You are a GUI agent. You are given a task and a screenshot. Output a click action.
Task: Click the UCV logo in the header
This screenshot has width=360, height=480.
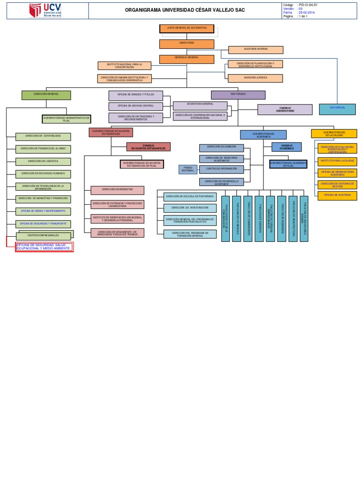[x=45, y=10]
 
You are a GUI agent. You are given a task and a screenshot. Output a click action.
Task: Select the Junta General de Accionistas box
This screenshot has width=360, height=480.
[x=187, y=29]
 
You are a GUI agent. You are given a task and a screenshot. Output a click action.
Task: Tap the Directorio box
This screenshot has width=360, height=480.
[x=187, y=44]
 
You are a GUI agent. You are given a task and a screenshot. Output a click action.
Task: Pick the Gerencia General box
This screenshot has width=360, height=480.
[x=187, y=59]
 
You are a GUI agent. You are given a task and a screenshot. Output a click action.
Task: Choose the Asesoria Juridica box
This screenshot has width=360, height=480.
[x=255, y=78]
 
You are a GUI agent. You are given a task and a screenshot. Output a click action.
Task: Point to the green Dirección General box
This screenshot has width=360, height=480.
[x=46, y=95]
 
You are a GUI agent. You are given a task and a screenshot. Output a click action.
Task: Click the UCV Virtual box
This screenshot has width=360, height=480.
[x=337, y=109]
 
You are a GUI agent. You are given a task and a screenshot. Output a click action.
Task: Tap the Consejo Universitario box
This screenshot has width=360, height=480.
[x=285, y=110]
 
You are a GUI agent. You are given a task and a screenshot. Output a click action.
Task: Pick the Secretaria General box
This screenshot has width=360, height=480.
[x=200, y=105]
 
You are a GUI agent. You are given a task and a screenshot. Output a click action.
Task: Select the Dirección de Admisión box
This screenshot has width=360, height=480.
[x=221, y=148]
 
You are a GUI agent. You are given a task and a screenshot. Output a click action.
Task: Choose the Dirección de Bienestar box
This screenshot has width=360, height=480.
[x=117, y=190]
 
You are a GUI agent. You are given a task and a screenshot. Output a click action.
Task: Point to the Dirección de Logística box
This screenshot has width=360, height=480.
[x=43, y=162]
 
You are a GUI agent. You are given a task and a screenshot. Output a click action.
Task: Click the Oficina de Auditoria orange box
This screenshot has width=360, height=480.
[x=337, y=195]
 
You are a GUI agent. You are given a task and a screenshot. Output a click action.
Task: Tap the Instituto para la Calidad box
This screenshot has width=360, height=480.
[x=337, y=162]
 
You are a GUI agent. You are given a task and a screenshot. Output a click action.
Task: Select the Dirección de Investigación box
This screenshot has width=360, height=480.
[x=190, y=208]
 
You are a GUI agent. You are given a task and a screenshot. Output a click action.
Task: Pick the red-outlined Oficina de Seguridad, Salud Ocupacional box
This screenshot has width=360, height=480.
[x=44, y=247]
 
